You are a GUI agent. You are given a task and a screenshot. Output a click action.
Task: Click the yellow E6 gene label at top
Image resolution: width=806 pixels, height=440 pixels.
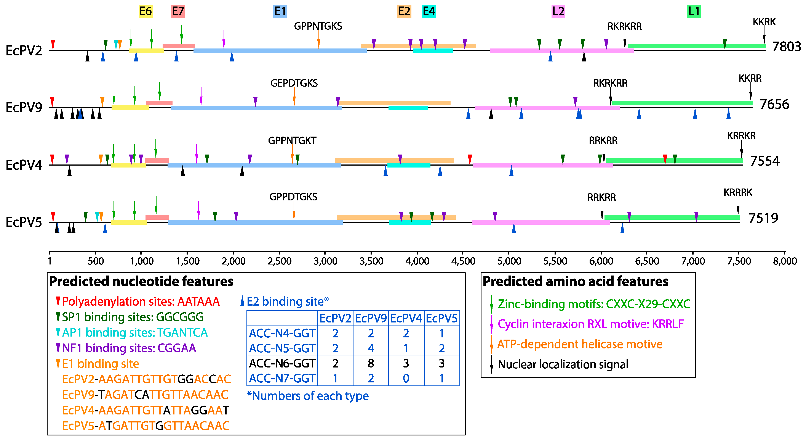(x=146, y=12)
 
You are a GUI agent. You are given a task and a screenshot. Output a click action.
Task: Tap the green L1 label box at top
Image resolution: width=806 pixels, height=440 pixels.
(x=693, y=12)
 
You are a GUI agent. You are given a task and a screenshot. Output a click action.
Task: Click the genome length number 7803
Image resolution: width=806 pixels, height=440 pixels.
(x=786, y=47)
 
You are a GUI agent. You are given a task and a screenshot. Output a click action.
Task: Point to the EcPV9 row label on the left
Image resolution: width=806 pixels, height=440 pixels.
(x=24, y=107)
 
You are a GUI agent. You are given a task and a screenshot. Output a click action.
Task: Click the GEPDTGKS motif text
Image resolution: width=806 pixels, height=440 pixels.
(x=294, y=83)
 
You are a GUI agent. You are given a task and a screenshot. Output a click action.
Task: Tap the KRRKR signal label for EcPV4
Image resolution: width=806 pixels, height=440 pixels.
(x=741, y=136)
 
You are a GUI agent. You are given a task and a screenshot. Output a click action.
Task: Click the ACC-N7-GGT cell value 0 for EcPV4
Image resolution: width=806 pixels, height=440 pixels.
(x=406, y=379)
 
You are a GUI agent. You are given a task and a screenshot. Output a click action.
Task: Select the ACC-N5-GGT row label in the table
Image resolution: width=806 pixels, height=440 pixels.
(x=282, y=348)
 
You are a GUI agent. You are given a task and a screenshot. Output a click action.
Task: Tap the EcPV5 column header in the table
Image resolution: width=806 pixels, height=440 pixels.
(x=441, y=319)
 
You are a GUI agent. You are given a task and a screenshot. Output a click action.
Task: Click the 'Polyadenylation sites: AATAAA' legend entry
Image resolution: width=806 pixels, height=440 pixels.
(x=141, y=301)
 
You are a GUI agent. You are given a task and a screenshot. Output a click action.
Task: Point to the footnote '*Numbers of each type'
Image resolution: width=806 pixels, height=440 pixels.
(x=308, y=396)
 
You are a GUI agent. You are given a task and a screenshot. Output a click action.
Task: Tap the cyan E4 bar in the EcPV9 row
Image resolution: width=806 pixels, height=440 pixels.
(x=408, y=108)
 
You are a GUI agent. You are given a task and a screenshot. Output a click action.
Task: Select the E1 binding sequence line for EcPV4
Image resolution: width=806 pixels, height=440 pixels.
(x=146, y=410)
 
